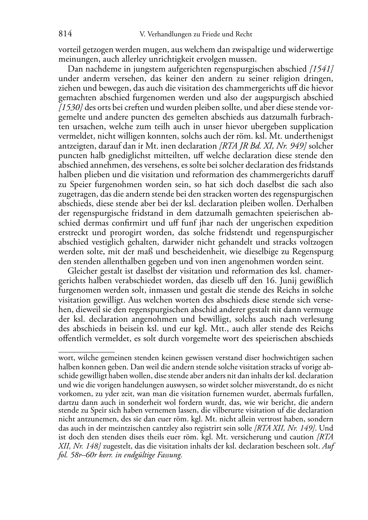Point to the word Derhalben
(x=315, y=204)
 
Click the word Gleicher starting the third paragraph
(x=81, y=271)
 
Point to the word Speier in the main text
(x=77, y=184)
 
